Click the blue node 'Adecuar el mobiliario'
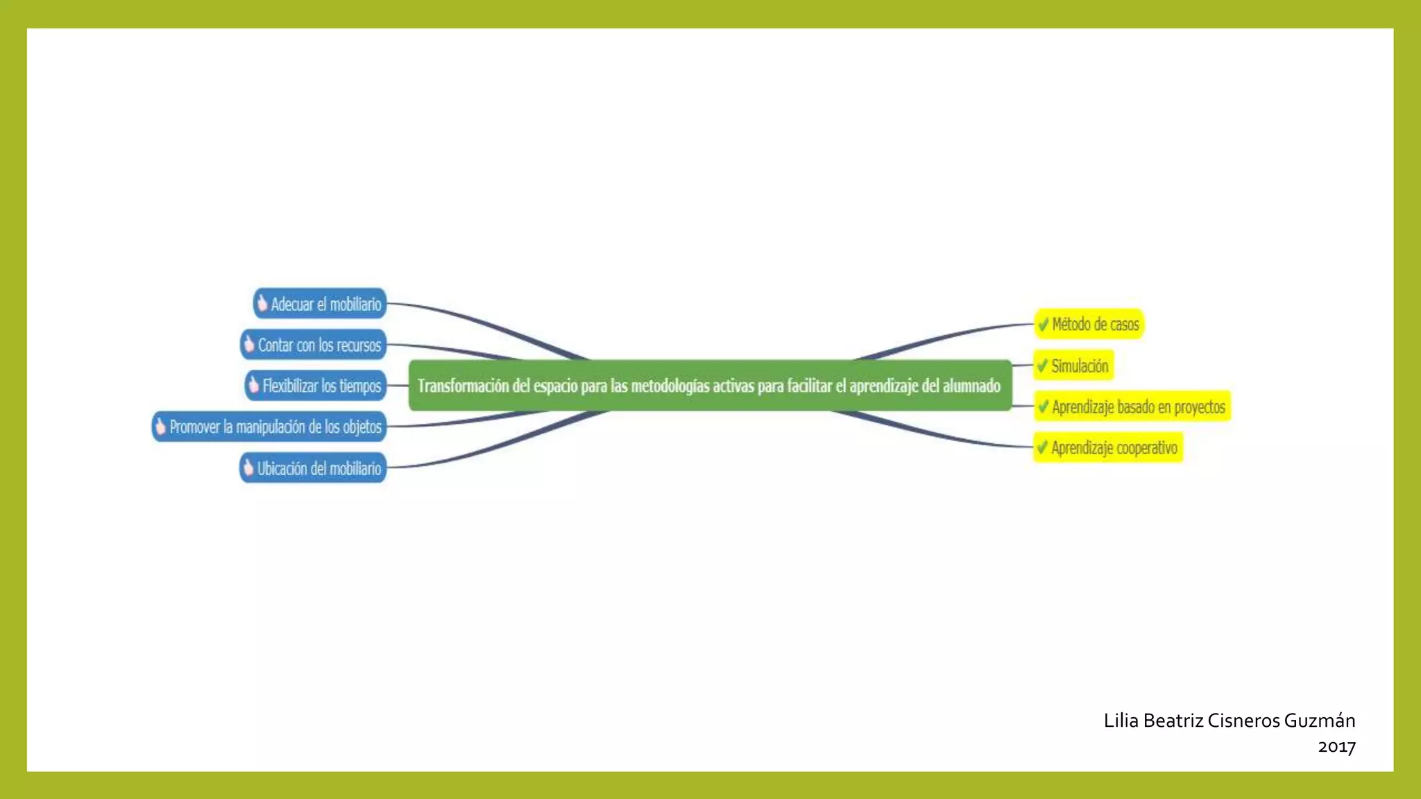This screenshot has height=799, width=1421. click(x=320, y=304)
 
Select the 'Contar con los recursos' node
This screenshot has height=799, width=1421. click(x=313, y=345)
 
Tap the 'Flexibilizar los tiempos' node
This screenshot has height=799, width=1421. click(x=316, y=386)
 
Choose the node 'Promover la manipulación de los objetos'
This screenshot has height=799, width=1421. click(x=269, y=427)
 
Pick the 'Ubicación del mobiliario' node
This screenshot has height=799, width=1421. click(x=313, y=468)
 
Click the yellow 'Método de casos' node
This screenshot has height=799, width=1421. click(x=1089, y=324)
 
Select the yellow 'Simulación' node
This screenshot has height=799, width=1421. click(x=1073, y=366)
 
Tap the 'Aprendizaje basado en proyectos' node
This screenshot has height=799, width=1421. click(x=1132, y=406)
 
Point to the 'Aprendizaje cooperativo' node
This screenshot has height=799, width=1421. click(x=1108, y=447)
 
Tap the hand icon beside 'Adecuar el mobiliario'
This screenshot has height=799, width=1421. click(x=262, y=303)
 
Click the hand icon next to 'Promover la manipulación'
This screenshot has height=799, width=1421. click(x=161, y=426)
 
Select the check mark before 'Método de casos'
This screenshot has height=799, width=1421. click(x=1043, y=324)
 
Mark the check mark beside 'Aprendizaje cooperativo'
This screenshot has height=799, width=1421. click(x=1042, y=447)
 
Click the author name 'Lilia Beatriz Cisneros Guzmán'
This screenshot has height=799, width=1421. click(x=1229, y=721)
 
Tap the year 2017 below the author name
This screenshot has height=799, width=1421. click(x=1336, y=747)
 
